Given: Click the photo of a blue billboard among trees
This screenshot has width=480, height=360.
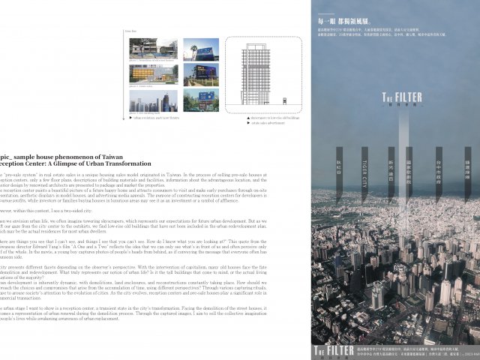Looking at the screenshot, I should (199, 100).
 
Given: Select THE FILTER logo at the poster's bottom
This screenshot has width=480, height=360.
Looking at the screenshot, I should (329, 350).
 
